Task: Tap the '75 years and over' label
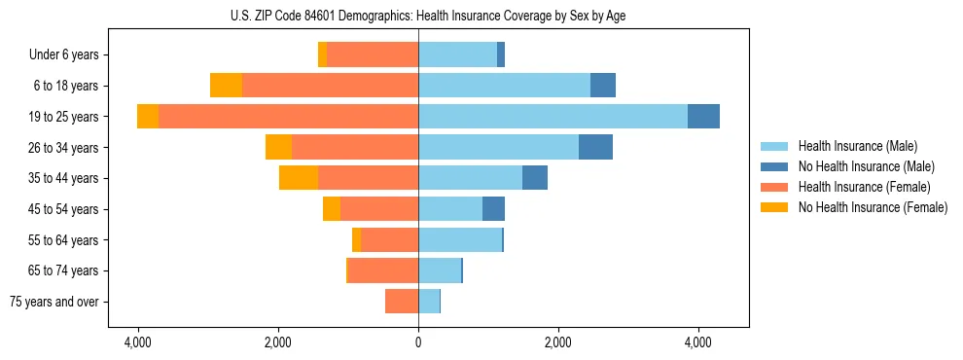(x=54, y=302)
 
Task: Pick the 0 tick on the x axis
(x=418, y=342)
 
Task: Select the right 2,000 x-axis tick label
(x=558, y=342)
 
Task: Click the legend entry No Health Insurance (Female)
(x=873, y=207)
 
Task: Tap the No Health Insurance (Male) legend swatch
(x=775, y=166)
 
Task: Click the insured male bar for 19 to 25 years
(x=553, y=117)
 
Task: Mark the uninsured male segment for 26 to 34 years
(x=595, y=147)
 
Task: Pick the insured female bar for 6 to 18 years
(x=330, y=86)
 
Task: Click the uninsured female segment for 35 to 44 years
(x=299, y=178)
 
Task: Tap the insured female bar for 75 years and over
(x=402, y=302)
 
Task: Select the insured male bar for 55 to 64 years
(x=460, y=239)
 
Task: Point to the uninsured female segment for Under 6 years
(x=322, y=54)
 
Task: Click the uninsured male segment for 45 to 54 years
(x=493, y=209)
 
